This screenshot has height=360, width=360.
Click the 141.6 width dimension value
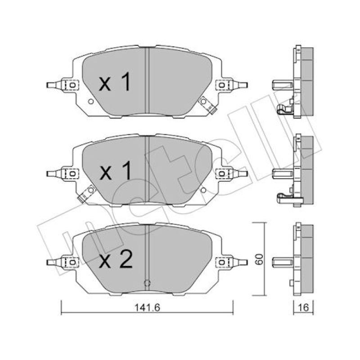pyautogui.click(x=147, y=307)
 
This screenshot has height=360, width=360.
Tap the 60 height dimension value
pyautogui.click(x=259, y=259)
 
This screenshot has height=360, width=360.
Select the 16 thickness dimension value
pyautogui.click(x=303, y=307)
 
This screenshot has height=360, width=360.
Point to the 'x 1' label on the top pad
pyautogui.click(x=115, y=81)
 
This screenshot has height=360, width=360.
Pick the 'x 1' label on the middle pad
pyautogui.click(x=116, y=170)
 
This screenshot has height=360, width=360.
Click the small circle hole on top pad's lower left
pyautogui.click(x=91, y=101)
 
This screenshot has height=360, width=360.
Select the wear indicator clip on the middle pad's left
pyautogui.click(x=87, y=193)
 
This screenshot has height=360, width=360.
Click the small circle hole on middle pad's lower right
pyautogui.click(x=203, y=190)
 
